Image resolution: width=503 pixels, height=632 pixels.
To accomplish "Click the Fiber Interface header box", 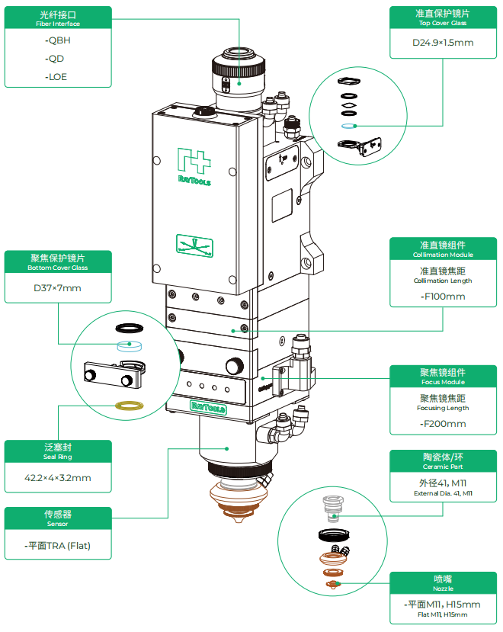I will pos(58,18).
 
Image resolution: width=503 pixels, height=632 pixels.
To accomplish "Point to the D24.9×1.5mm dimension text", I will pos(443,43).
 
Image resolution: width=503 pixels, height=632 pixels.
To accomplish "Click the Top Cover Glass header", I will pos(443,18).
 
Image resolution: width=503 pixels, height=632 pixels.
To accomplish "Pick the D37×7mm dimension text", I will pos(57,288).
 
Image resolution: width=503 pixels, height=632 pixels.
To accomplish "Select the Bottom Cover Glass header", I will pos(58,262).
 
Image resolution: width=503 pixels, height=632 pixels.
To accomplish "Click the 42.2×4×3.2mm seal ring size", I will pos(58,478).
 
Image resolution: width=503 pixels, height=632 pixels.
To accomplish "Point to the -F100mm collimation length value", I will pos(443,297).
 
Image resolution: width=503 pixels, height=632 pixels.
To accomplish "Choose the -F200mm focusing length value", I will pos(443,424).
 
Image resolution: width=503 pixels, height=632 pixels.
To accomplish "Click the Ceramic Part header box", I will pos(443,460).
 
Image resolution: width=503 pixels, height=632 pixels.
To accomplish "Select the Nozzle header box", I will pos(443,582).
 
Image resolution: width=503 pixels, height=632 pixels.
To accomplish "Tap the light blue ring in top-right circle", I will pos(347,126).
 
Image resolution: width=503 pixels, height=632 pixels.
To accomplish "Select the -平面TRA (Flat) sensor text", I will pos(58,546).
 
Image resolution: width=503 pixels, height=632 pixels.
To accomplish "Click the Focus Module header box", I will pos(443,377).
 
